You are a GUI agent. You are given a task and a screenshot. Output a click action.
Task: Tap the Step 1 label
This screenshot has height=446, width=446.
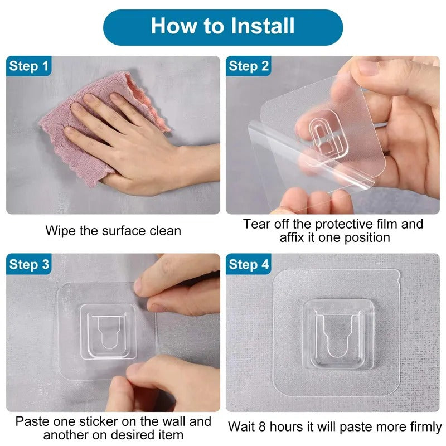click(x=29, y=66)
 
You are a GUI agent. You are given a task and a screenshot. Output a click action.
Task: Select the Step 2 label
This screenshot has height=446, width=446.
click(x=249, y=66)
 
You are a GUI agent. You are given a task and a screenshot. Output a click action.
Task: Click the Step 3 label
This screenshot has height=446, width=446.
click(x=29, y=264)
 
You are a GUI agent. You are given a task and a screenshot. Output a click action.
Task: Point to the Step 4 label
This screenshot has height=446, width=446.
click(x=249, y=264)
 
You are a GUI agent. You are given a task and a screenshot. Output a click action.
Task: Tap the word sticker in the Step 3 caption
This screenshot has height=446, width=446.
click(x=98, y=421)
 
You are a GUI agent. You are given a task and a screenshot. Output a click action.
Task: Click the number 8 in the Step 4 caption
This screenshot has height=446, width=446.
click(x=263, y=426)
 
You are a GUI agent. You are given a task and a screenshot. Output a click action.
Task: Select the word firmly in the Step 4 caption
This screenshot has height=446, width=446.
click(x=425, y=427)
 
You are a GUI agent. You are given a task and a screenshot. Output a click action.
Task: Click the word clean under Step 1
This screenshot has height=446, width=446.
click(x=165, y=231)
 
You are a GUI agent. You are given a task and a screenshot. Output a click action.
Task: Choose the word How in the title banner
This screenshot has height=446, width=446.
click(x=173, y=26)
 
